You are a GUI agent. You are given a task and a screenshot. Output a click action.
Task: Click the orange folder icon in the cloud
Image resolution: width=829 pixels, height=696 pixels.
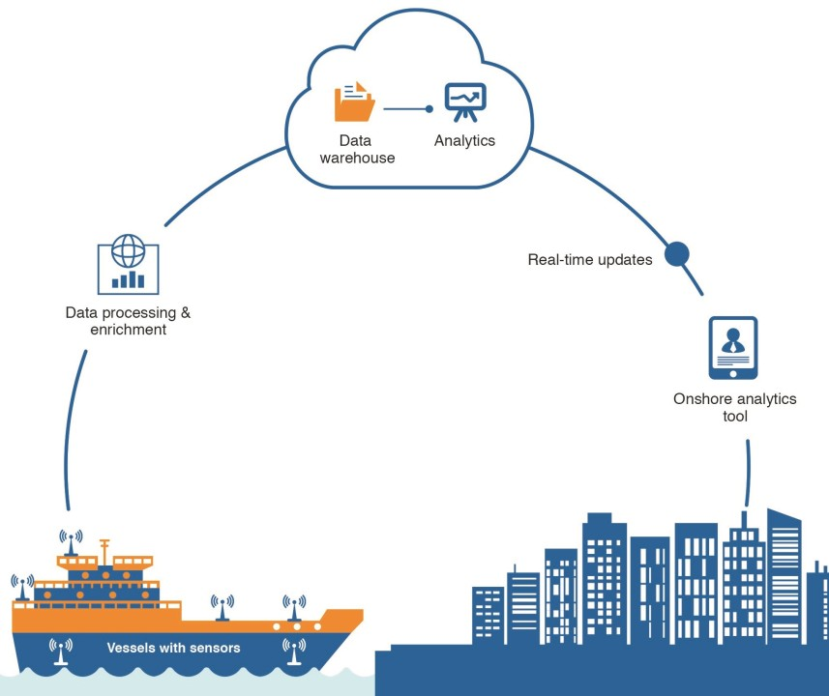pos(354,101)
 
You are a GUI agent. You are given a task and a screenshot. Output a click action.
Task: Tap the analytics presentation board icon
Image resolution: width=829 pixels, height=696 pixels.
pos(465,101)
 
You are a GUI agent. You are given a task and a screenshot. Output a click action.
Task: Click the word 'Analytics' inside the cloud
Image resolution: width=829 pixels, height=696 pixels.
pos(464,141)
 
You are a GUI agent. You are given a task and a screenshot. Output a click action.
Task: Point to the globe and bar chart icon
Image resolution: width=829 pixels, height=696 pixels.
pos(128,262)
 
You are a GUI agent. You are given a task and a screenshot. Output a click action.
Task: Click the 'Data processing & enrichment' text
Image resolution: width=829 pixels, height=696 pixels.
pos(128,321)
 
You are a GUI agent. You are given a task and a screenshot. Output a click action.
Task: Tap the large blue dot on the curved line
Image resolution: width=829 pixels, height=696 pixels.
pos(676,254)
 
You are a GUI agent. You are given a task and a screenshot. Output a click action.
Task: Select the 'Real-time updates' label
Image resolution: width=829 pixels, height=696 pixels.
pos(590,260)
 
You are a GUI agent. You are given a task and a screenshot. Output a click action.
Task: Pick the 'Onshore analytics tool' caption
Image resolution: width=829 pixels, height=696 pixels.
pos(735,407)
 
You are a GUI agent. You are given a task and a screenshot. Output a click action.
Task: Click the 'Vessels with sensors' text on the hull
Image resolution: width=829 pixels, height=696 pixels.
pos(173,648)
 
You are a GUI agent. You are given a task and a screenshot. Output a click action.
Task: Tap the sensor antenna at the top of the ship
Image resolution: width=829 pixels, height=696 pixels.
pos(71,542)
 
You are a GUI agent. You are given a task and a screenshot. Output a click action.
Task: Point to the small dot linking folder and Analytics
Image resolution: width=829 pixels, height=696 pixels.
pos(429,109)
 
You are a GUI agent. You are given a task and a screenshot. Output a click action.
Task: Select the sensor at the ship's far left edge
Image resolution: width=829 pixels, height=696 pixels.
pos(21,586)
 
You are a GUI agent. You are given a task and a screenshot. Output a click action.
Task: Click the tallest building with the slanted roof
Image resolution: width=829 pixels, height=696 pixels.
pos(785,570)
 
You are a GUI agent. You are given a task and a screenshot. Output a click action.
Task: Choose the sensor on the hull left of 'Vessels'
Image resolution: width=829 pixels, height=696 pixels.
pos(61,651)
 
